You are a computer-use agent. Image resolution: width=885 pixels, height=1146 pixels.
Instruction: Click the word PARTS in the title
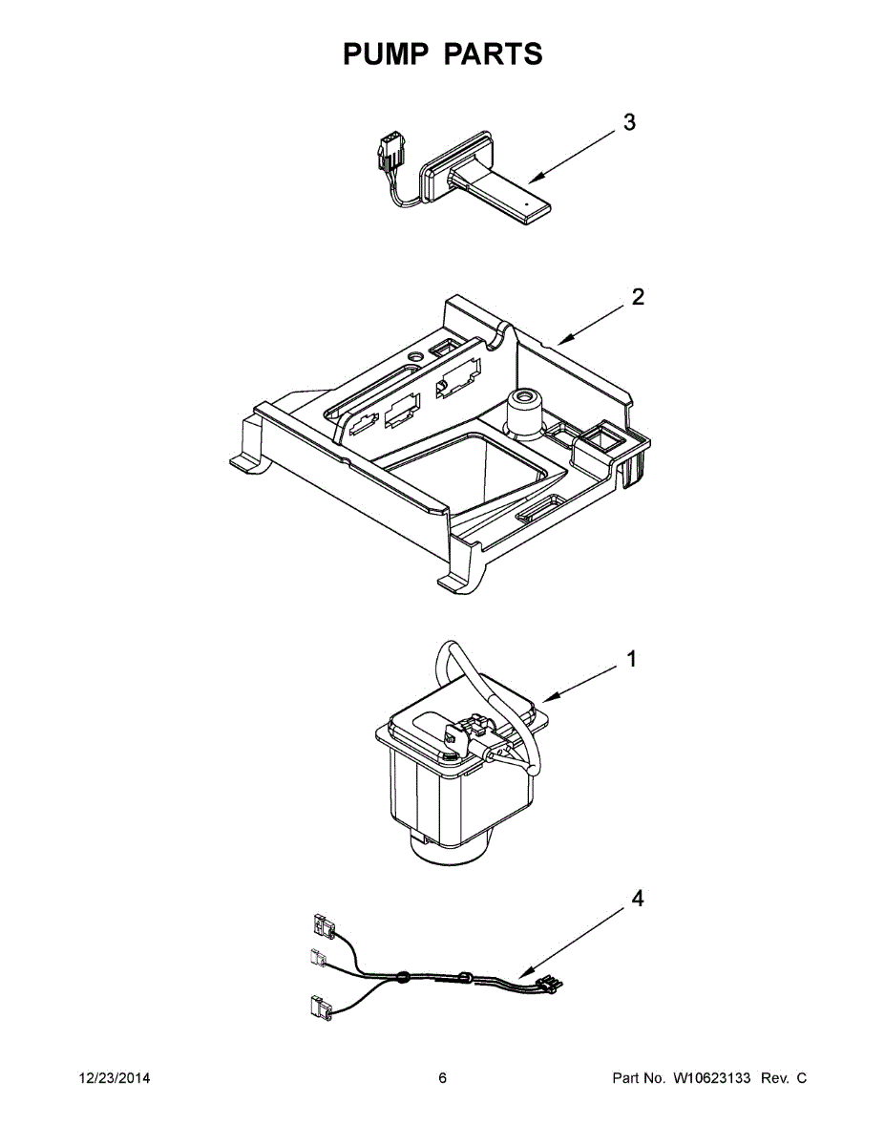pyautogui.click(x=494, y=54)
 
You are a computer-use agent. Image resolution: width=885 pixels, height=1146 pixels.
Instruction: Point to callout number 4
pyautogui.click(x=638, y=899)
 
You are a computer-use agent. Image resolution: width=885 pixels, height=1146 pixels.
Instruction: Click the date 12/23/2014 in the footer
pyautogui.click(x=113, y=1078)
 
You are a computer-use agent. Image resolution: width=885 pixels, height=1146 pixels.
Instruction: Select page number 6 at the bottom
pyautogui.click(x=442, y=1078)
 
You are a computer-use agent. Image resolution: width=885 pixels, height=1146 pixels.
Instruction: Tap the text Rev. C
pyautogui.click(x=785, y=1078)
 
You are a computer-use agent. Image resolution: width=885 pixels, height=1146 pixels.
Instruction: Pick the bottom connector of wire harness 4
pyautogui.click(x=318, y=1005)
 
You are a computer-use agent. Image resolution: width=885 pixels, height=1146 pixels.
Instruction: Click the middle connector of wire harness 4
pyautogui.click(x=319, y=958)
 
